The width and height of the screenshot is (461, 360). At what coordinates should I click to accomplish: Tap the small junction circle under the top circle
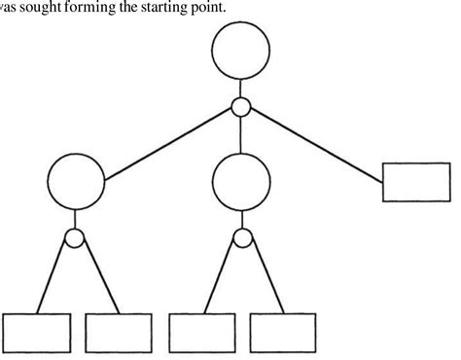[241, 106]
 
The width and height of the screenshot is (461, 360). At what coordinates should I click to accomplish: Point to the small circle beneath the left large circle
[77, 236]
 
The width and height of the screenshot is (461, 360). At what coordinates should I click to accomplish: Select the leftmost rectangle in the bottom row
[37, 332]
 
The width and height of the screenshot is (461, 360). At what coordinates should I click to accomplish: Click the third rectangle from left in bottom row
[201, 332]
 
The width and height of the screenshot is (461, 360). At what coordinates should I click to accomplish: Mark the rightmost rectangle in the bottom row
[282, 332]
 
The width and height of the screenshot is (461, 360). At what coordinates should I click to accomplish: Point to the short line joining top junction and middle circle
[241, 129]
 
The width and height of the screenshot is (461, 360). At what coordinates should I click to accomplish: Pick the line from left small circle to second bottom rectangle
[97, 277]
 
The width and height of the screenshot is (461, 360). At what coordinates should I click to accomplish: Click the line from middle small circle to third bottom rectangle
[222, 277]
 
